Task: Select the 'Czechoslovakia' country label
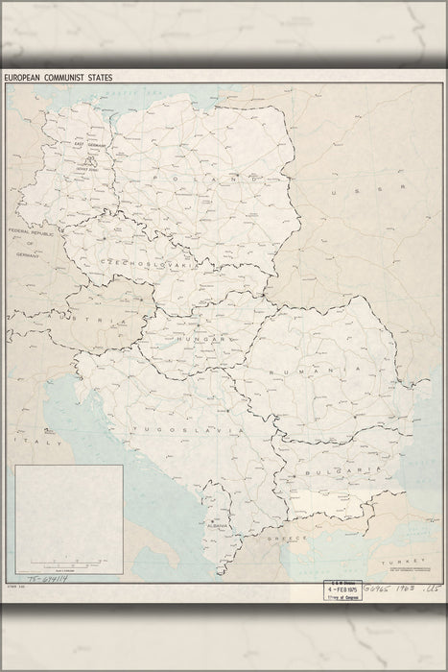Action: click(x=127, y=260)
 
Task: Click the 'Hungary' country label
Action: click(x=200, y=339)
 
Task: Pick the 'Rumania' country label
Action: click(x=306, y=369)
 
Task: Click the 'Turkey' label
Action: click(x=393, y=562)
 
